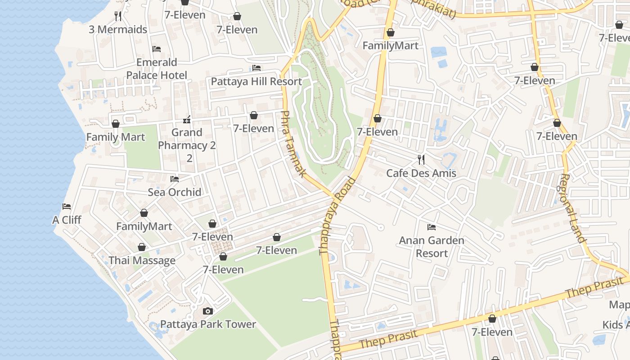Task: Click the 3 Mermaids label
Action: click(118, 30)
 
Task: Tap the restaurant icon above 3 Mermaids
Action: click(118, 16)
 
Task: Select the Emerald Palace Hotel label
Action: click(157, 68)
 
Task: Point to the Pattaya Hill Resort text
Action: click(256, 81)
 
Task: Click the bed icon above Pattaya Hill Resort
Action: click(256, 68)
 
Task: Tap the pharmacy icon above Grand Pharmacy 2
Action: click(187, 120)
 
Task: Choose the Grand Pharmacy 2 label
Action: click(187, 145)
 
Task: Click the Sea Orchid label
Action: click(175, 192)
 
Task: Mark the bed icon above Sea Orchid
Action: click(175, 179)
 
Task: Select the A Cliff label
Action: click(67, 220)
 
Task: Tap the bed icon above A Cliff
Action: click(67, 207)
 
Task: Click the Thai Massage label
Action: click(142, 261)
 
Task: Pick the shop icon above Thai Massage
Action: click(142, 247)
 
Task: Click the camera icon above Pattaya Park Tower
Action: click(207, 311)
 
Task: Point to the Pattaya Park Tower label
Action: click(208, 324)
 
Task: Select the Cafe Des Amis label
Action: click(421, 173)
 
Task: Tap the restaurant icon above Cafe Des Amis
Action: click(421, 159)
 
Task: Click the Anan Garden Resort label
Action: click(432, 247)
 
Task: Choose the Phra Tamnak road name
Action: click(293, 144)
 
